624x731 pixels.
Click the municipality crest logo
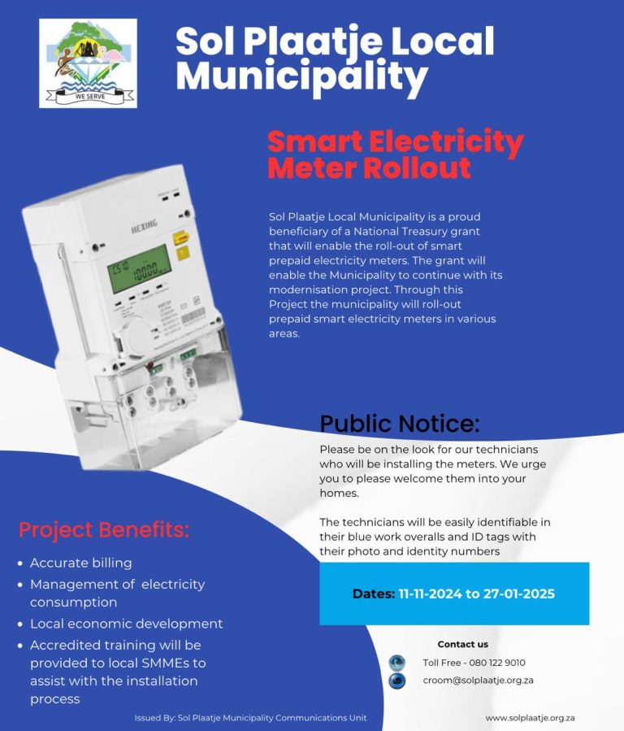tap(88, 63)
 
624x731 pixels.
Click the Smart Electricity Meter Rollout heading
tap(395, 154)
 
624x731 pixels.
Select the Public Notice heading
tap(399, 424)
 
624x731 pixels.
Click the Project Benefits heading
tap(104, 530)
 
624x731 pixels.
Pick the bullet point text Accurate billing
tap(80, 563)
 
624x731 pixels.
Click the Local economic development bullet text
tap(126, 624)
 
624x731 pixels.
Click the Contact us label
tap(463, 644)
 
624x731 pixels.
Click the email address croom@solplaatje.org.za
tap(478, 680)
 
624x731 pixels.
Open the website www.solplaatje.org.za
tap(530, 718)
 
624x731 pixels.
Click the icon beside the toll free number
tap(396, 662)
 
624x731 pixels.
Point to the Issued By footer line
tap(250, 718)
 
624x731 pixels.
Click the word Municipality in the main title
tap(301, 76)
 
